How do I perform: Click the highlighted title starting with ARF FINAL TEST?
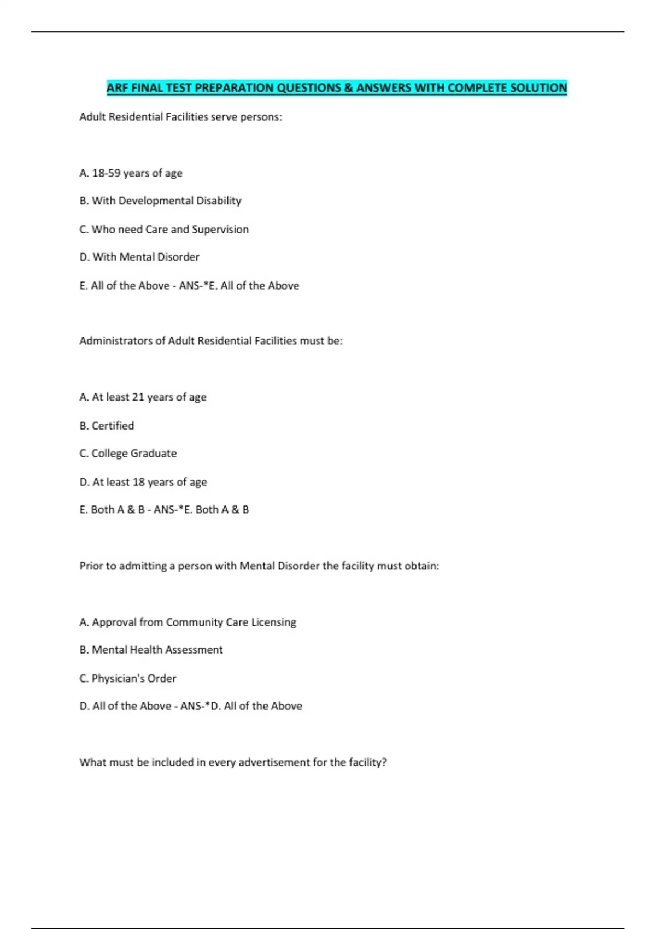[x=337, y=87]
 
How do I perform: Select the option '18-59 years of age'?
[x=131, y=173]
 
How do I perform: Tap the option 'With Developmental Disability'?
[x=160, y=201]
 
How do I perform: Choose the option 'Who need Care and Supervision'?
[x=164, y=230]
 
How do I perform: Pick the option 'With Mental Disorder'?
[x=139, y=257]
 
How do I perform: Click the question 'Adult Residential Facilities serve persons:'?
[x=180, y=117]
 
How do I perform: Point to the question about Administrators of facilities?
[x=211, y=341]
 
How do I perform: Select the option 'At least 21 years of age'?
[x=143, y=397]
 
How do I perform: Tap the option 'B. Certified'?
[x=107, y=426]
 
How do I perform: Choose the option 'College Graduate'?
[x=128, y=454]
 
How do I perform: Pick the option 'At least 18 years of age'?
[x=143, y=482]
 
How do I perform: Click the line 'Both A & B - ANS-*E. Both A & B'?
[x=164, y=510]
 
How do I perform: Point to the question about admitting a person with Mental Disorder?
[x=259, y=566]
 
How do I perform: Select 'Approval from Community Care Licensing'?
[x=188, y=622]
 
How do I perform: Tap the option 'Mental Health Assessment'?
[x=151, y=650]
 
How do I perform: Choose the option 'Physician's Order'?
[x=128, y=679]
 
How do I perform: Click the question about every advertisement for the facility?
[x=233, y=762]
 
